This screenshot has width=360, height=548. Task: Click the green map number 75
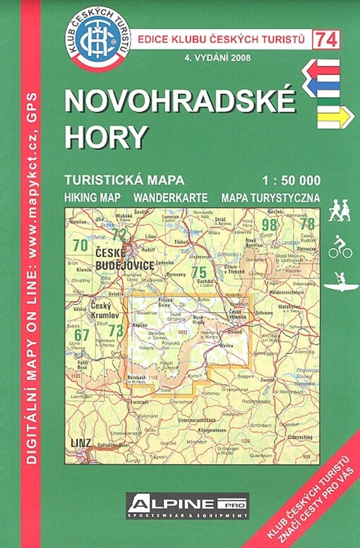click(x=199, y=272)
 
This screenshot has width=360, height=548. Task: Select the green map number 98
click(x=269, y=225)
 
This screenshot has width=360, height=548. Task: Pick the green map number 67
click(x=83, y=334)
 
